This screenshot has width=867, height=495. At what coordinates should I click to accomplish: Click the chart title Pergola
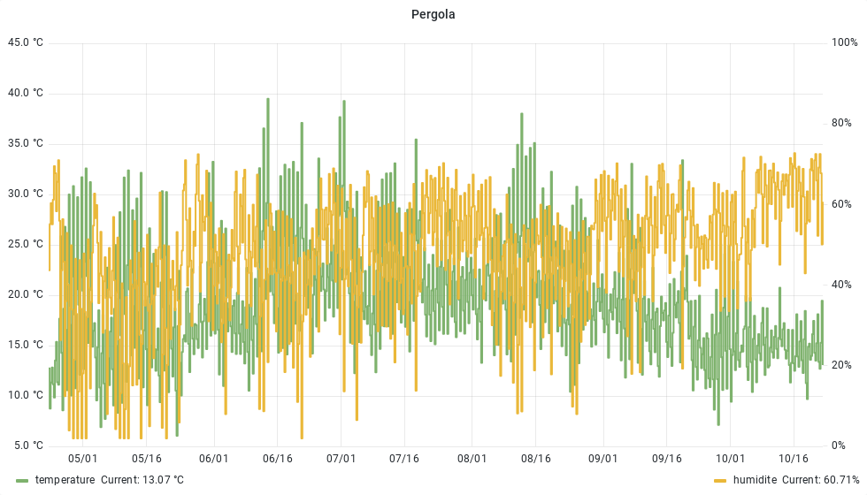(x=433, y=14)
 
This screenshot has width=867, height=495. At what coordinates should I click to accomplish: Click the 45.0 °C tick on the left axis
(x=25, y=42)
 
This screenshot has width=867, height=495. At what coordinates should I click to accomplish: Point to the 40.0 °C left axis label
(x=25, y=93)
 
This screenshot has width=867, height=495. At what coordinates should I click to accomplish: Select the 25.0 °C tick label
(x=25, y=244)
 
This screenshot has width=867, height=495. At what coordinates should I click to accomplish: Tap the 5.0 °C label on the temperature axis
(x=27, y=445)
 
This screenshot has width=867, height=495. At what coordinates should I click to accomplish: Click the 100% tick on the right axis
(x=845, y=42)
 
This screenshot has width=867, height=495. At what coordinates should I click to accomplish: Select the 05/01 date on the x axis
(x=83, y=459)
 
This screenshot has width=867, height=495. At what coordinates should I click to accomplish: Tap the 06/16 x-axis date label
(x=278, y=459)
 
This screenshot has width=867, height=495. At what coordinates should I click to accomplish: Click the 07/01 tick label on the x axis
(x=341, y=459)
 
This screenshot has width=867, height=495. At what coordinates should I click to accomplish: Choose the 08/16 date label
(x=536, y=459)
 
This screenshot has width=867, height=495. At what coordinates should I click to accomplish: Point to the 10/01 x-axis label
(x=730, y=459)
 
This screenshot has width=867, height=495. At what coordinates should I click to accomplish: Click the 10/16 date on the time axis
(x=794, y=459)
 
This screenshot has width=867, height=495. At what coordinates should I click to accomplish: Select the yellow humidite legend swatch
(x=720, y=480)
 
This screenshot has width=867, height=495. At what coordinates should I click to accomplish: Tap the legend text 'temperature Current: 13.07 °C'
(x=110, y=480)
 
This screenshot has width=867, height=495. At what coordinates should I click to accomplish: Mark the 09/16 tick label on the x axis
(x=667, y=459)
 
